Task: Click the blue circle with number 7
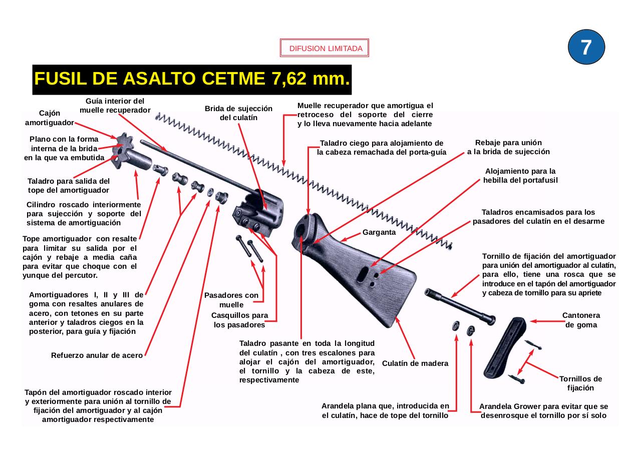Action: (586, 47)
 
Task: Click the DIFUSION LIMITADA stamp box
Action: (325, 49)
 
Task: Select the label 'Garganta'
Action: (379, 232)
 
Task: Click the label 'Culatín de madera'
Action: (415, 363)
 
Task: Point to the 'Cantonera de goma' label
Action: (581, 320)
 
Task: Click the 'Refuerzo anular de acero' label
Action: (97, 356)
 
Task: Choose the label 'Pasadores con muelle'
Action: (231, 300)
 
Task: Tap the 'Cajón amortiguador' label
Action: (49, 118)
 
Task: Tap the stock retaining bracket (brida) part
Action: (258, 213)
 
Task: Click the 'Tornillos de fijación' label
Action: (580, 383)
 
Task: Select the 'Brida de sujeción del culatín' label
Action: (238, 113)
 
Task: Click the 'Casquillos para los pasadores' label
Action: (239, 320)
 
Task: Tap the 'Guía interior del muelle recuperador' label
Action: (115, 105)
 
